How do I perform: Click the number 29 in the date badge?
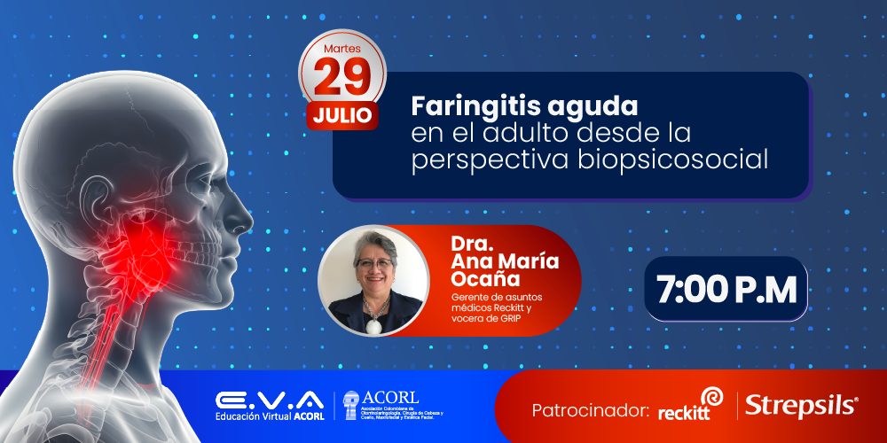(341, 78)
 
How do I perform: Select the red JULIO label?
(342, 115)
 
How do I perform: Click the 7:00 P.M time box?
(726, 290)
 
